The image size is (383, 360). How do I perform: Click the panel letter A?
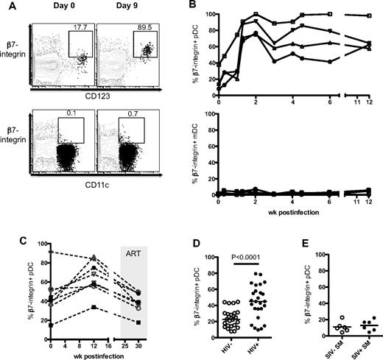pos(6,7)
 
